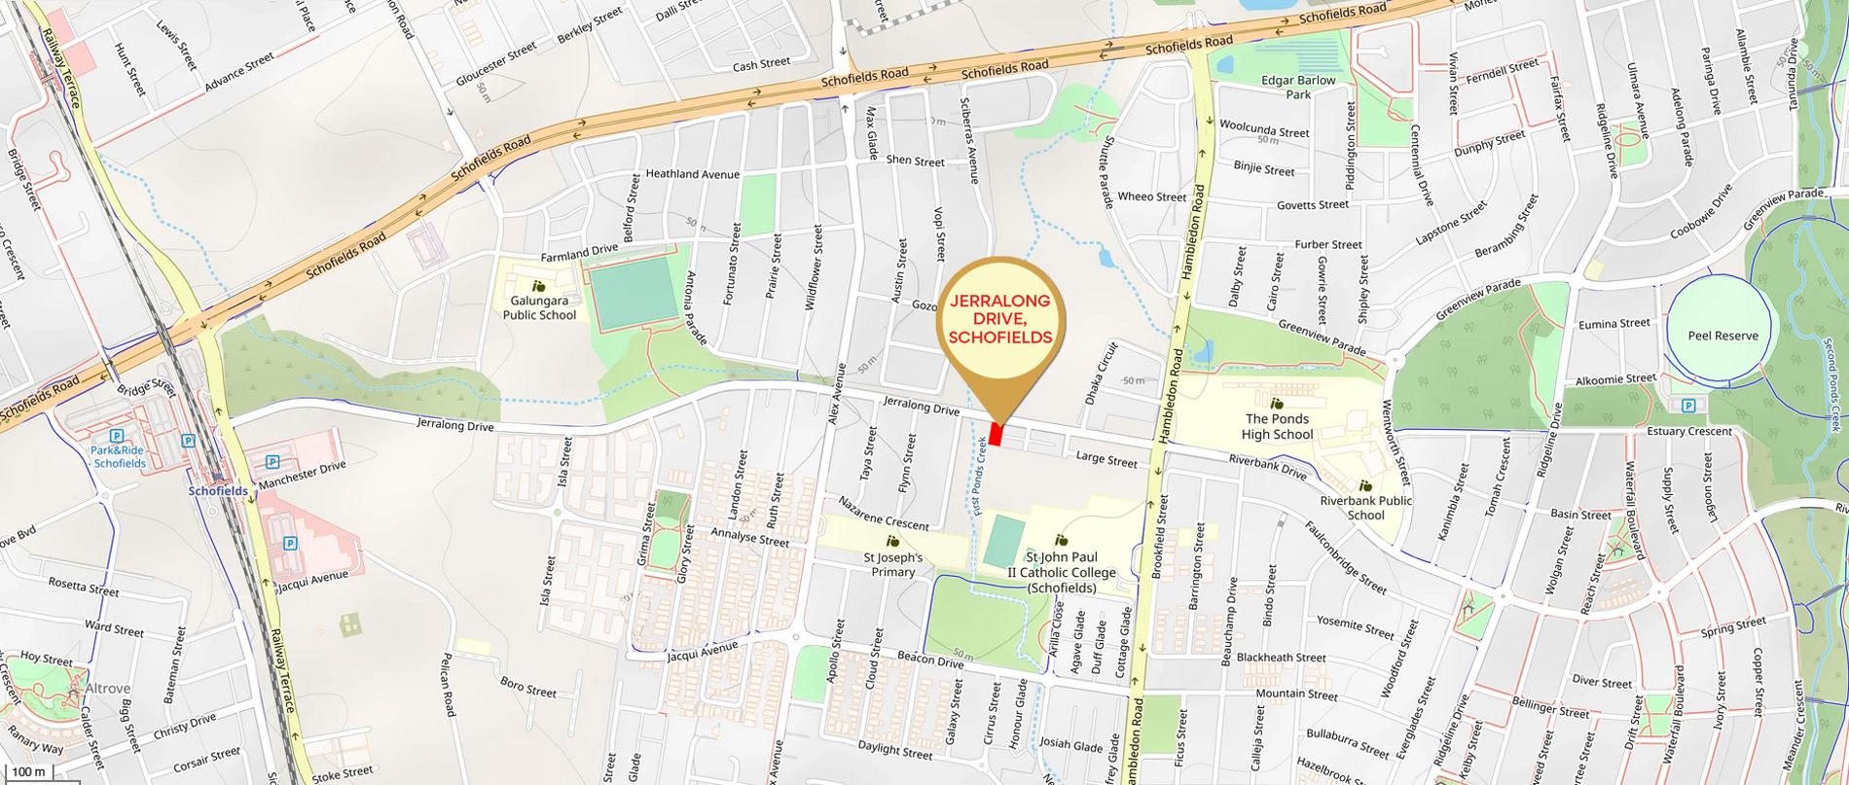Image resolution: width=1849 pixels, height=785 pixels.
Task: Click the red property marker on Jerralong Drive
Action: coord(996,435)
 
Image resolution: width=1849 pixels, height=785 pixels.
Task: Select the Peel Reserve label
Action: coord(1722,336)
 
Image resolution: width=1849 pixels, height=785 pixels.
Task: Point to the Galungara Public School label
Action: coord(539,308)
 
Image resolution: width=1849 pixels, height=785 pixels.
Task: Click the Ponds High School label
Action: coord(1277,427)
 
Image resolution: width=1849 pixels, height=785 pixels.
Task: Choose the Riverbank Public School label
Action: coord(1365,508)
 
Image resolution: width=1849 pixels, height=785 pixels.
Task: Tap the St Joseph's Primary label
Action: coord(892,564)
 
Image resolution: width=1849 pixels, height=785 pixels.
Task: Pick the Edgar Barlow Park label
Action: coord(1298,88)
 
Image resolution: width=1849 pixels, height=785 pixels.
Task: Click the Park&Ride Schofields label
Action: coord(119,457)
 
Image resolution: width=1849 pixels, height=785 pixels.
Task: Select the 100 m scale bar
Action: coord(27,772)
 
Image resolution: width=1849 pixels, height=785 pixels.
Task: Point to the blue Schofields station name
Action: coord(218,491)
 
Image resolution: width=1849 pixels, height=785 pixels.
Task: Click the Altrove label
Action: coord(107,688)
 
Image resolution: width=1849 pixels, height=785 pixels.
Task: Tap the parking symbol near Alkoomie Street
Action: coord(1688,406)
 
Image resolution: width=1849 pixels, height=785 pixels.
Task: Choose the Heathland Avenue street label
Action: coord(692,174)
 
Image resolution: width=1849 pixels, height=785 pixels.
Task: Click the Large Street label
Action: coord(1106,459)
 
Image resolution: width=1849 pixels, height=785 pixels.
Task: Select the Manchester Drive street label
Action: coord(302,475)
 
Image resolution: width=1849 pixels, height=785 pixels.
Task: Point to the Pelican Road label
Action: coord(449,685)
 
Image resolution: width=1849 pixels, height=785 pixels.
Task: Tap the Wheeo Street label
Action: coord(1151,196)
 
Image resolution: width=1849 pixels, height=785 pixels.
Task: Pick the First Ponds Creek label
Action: coord(981,476)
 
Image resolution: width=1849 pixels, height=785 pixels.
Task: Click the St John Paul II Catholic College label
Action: coord(1061,573)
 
